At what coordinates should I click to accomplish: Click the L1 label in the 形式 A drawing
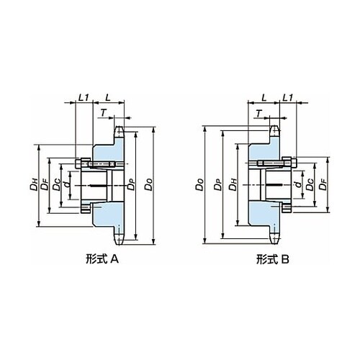(x=84, y=97)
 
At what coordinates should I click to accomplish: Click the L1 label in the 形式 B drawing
(x=287, y=97)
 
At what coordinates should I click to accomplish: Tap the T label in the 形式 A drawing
(x=103, y=113)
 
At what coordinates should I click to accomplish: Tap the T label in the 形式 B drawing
(x=258, y=113)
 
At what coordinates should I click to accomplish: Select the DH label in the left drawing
(x=34, y=184)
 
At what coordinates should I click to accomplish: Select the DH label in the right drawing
(x=233, y=185)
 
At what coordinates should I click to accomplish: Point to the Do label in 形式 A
(x=148, y=185)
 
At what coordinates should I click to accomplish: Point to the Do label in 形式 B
(x=199, y=185)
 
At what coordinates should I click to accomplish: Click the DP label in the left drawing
(x=131, y=184)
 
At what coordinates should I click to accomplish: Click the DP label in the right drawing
(x=218, y=185)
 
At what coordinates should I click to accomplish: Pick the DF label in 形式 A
(x=45, y=184)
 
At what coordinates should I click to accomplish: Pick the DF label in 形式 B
(x=323, y=184)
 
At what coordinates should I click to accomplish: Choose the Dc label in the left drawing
(x=57, y=185)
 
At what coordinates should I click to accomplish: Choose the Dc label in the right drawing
(x=310, y=185)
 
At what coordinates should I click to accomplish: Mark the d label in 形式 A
(x=68, y=184)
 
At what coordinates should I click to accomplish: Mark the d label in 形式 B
(x=298, y=184)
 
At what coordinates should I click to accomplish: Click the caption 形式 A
(x=102, y=259)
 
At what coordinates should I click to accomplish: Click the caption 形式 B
(x=273, y=259)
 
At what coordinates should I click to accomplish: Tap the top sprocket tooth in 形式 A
(x=119, y=132)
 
